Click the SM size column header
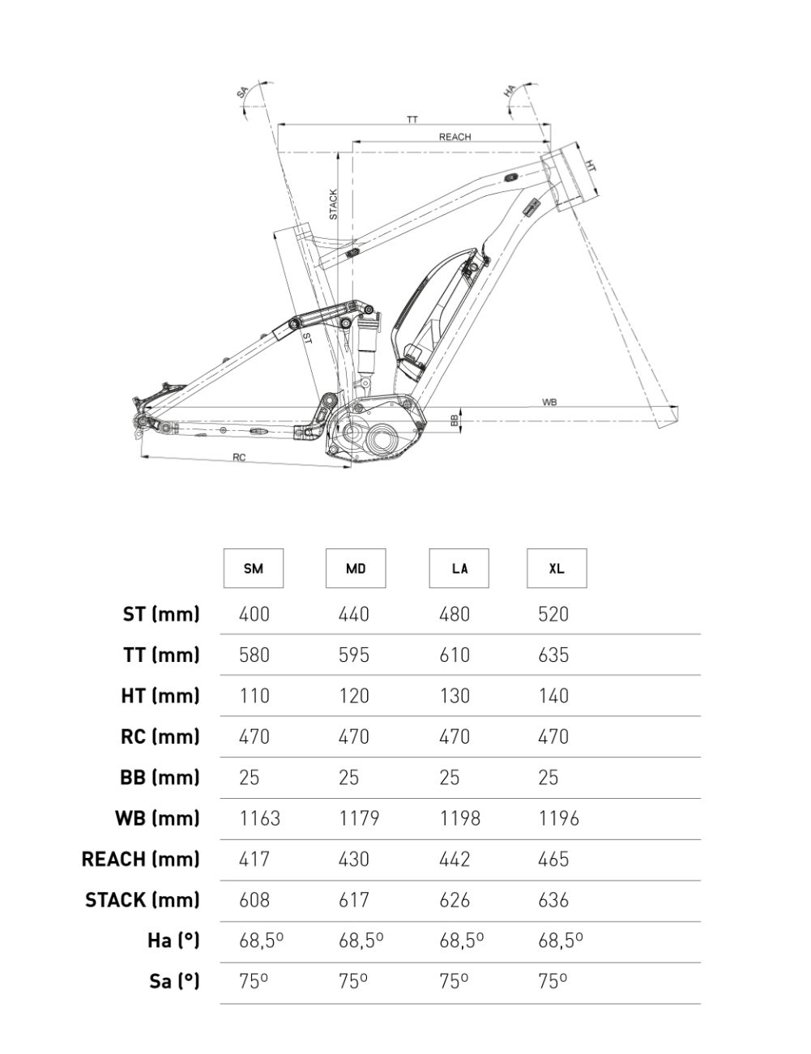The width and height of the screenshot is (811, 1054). click(x=253, y=569)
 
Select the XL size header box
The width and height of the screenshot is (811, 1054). click(x=557, y=569)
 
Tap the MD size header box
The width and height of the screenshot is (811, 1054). click(x=356, y=569)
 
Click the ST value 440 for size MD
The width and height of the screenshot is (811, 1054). click(x=353, y=614)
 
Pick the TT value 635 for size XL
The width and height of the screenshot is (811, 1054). click(x=553, y=655)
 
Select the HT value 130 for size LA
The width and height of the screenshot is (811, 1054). click(x=454, y=696)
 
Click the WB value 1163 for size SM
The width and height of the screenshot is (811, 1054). click(x=259, y=818)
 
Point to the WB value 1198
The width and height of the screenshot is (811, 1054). click(x=459, y=818)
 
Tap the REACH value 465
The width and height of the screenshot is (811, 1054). click(x=553, y=859)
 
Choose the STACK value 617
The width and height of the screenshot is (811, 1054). click(x=353, y=900)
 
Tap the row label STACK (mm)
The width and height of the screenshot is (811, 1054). click(x=142, y=900)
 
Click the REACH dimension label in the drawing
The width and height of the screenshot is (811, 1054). click(x=455, y=137)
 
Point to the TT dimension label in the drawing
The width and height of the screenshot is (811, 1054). click(x=412, y=119)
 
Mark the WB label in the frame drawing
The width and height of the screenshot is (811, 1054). click(x=550, y=402)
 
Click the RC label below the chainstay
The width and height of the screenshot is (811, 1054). click(x=239, y=458)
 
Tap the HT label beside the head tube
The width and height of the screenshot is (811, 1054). click(x=591, y=165)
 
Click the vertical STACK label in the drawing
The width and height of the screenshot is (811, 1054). click(x=333, y=205)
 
